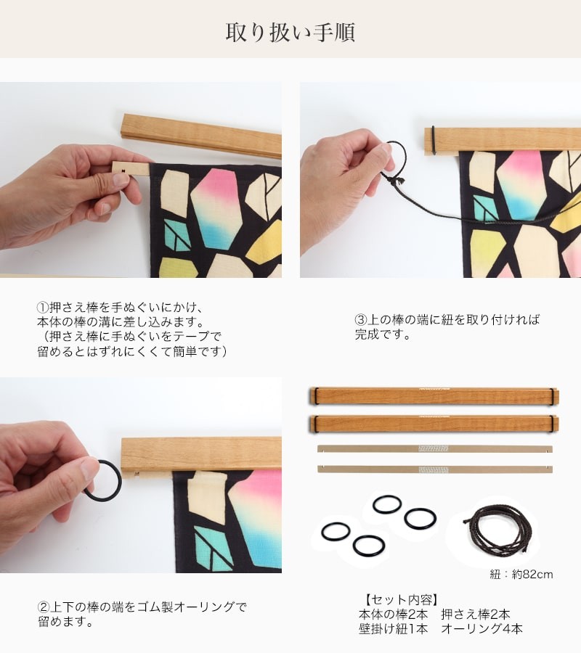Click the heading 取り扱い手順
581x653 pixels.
[x=290, y=32]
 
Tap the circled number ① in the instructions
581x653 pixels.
[x=43, y=308]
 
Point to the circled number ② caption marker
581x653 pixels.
[x=44, y=607]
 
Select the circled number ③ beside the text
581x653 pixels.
[x=360, y=320]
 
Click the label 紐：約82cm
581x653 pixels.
[x=521, y=575]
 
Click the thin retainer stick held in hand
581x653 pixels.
[x=131, y=168]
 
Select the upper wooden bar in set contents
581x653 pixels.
[x=434, y=396]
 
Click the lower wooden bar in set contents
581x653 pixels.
[x=434, y=424]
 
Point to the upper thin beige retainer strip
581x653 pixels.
[x=435, y=449]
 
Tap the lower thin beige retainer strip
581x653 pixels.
[x=435, y=469]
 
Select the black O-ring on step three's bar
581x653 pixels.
[x=434, y=140]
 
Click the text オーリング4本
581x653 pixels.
[x=482, y=629]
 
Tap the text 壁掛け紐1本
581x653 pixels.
[x=393, y=629]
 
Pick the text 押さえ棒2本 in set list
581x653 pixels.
[x=476, y=615]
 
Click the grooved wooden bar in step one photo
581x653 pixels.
[x=201, y=134]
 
